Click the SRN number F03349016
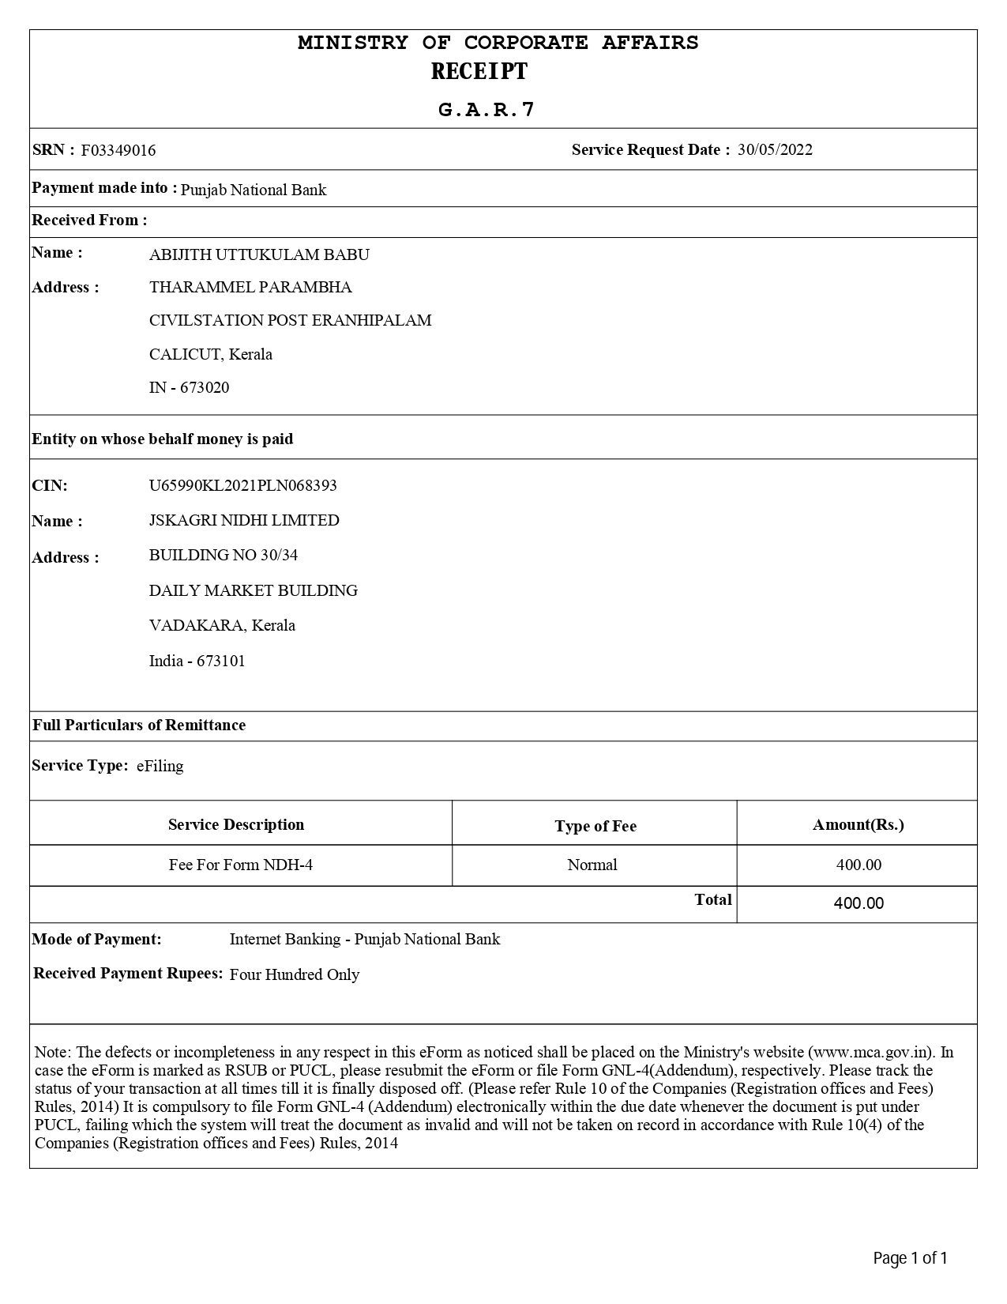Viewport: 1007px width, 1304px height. tap(118, 150)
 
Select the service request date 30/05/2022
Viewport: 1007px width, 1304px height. tap(775, 150)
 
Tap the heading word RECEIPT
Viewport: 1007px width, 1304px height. tap(479, 72)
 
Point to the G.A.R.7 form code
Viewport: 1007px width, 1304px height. tap(487, 110)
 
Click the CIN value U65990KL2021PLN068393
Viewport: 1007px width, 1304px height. tap(242, 485)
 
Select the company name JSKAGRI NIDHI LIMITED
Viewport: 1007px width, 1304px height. tap(244, 520)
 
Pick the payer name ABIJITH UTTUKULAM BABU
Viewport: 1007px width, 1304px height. tap(259, 254)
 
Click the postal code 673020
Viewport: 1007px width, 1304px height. tap(205, 387)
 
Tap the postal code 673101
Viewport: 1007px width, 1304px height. tap(221, 661)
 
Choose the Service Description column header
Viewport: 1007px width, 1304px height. tap(236, 824)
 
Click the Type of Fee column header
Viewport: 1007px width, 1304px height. tap(595, 826)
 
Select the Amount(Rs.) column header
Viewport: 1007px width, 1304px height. tap(859, 824)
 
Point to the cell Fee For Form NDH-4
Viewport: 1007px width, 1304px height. tap(241, 865)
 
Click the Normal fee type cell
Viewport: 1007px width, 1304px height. tap(592, 865)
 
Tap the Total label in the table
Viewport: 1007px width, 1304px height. tap(713, 899)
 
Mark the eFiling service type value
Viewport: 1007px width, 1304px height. tap(160, 766)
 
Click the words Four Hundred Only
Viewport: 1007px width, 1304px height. tap(295, 974)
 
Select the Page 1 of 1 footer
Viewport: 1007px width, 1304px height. tap(910, 1257)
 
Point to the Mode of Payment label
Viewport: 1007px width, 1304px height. tap(96, 939)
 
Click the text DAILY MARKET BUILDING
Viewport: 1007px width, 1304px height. tap(254, 590)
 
